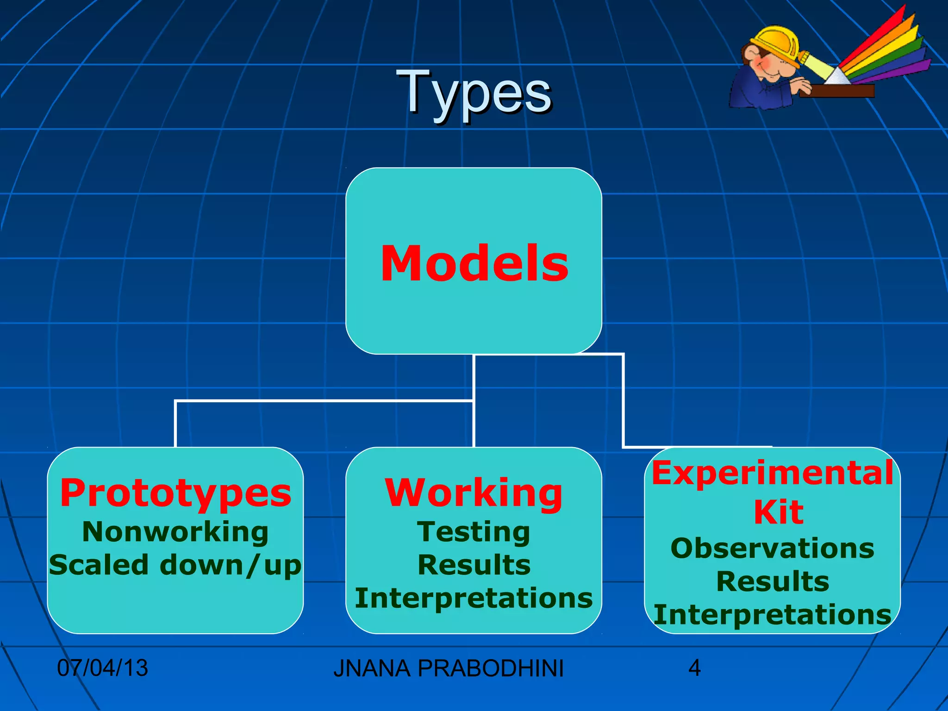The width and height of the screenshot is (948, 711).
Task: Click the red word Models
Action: point(474,263)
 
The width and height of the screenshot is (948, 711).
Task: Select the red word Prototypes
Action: point(176,493)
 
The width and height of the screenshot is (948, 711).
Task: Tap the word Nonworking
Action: point(175,532)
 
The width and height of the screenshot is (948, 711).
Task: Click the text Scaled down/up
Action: point(175,565)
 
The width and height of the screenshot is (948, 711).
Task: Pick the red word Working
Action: point(474,493)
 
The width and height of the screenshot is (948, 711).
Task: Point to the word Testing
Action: point(474,532)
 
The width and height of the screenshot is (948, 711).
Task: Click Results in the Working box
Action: point(474,565)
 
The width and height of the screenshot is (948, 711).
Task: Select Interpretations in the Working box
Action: point(474,598)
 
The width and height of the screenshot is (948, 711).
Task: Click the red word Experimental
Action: point(772,474)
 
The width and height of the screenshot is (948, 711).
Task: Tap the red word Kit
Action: point(779,512)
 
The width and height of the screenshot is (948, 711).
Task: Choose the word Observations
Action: point(772,549)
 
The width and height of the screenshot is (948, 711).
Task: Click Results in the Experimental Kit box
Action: point(772,582)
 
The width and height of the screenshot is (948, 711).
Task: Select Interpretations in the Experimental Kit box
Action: point(772,615)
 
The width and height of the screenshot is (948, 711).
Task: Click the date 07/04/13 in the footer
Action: point(102,668)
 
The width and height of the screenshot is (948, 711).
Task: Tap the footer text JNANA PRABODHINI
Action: point(448,668)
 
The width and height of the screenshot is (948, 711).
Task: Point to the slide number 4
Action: point(694,668)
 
